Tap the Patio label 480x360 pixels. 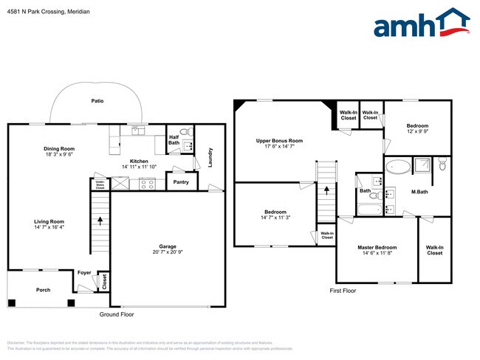click(x=97, y=100)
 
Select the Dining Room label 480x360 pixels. click(x=59, y=149)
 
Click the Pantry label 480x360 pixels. click(x=180, y=181)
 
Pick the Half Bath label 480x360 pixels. click(x=174, y=139)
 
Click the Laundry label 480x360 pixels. click(x=210, y=158)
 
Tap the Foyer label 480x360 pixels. click(x=84, y=272)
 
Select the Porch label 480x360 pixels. click(x=44, y=290)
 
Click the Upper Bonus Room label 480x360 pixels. click(x=279, y=140)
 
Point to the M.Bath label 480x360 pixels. click(x=420, y=193)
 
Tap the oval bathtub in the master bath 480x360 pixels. click(x=399, y=166)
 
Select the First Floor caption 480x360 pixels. click(x=343, y=291)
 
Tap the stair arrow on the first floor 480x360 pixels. click(x=326, y=192)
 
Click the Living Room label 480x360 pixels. click(x=49, y=222)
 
